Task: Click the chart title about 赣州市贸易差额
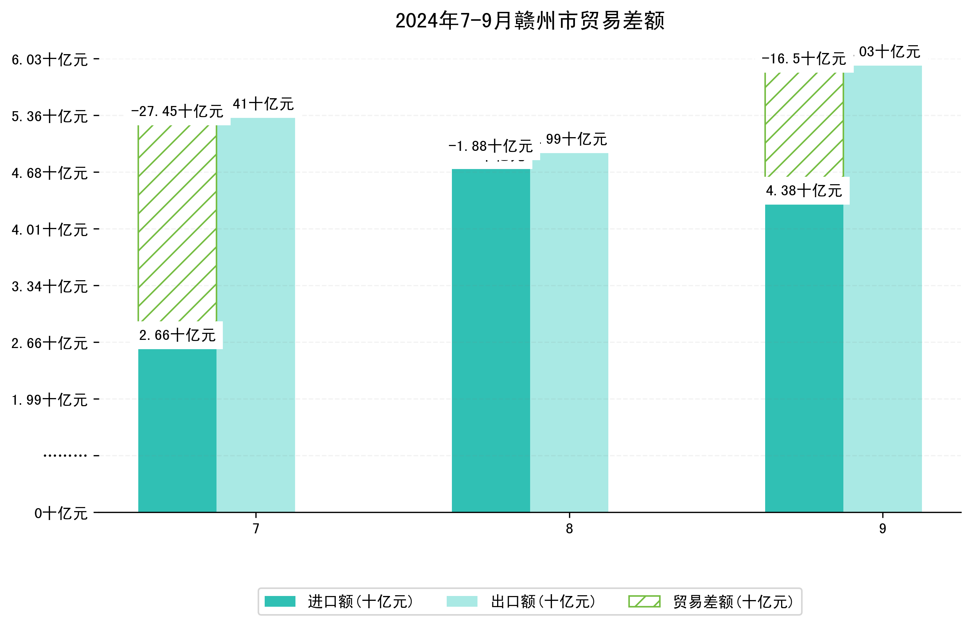point(529,21)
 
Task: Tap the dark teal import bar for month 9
point(804,358)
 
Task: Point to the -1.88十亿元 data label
point(490,146)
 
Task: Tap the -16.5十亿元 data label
point(804,59)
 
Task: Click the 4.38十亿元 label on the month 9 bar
point(804,191)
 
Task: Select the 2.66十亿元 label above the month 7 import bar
point(177,335)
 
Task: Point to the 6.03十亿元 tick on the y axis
point(50,60)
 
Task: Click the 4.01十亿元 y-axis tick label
point(50,230)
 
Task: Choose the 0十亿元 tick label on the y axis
point(61,513)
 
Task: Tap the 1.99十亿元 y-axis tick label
point(50,400)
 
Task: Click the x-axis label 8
point(569,529)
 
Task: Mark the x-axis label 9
point(882,529)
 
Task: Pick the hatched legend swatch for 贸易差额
point(644,602)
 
